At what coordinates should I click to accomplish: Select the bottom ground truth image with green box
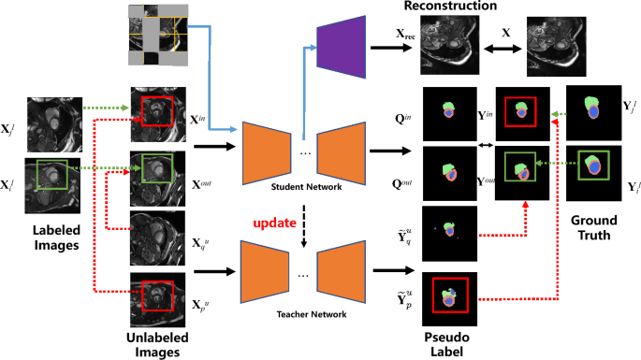click(x=594, y=172)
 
